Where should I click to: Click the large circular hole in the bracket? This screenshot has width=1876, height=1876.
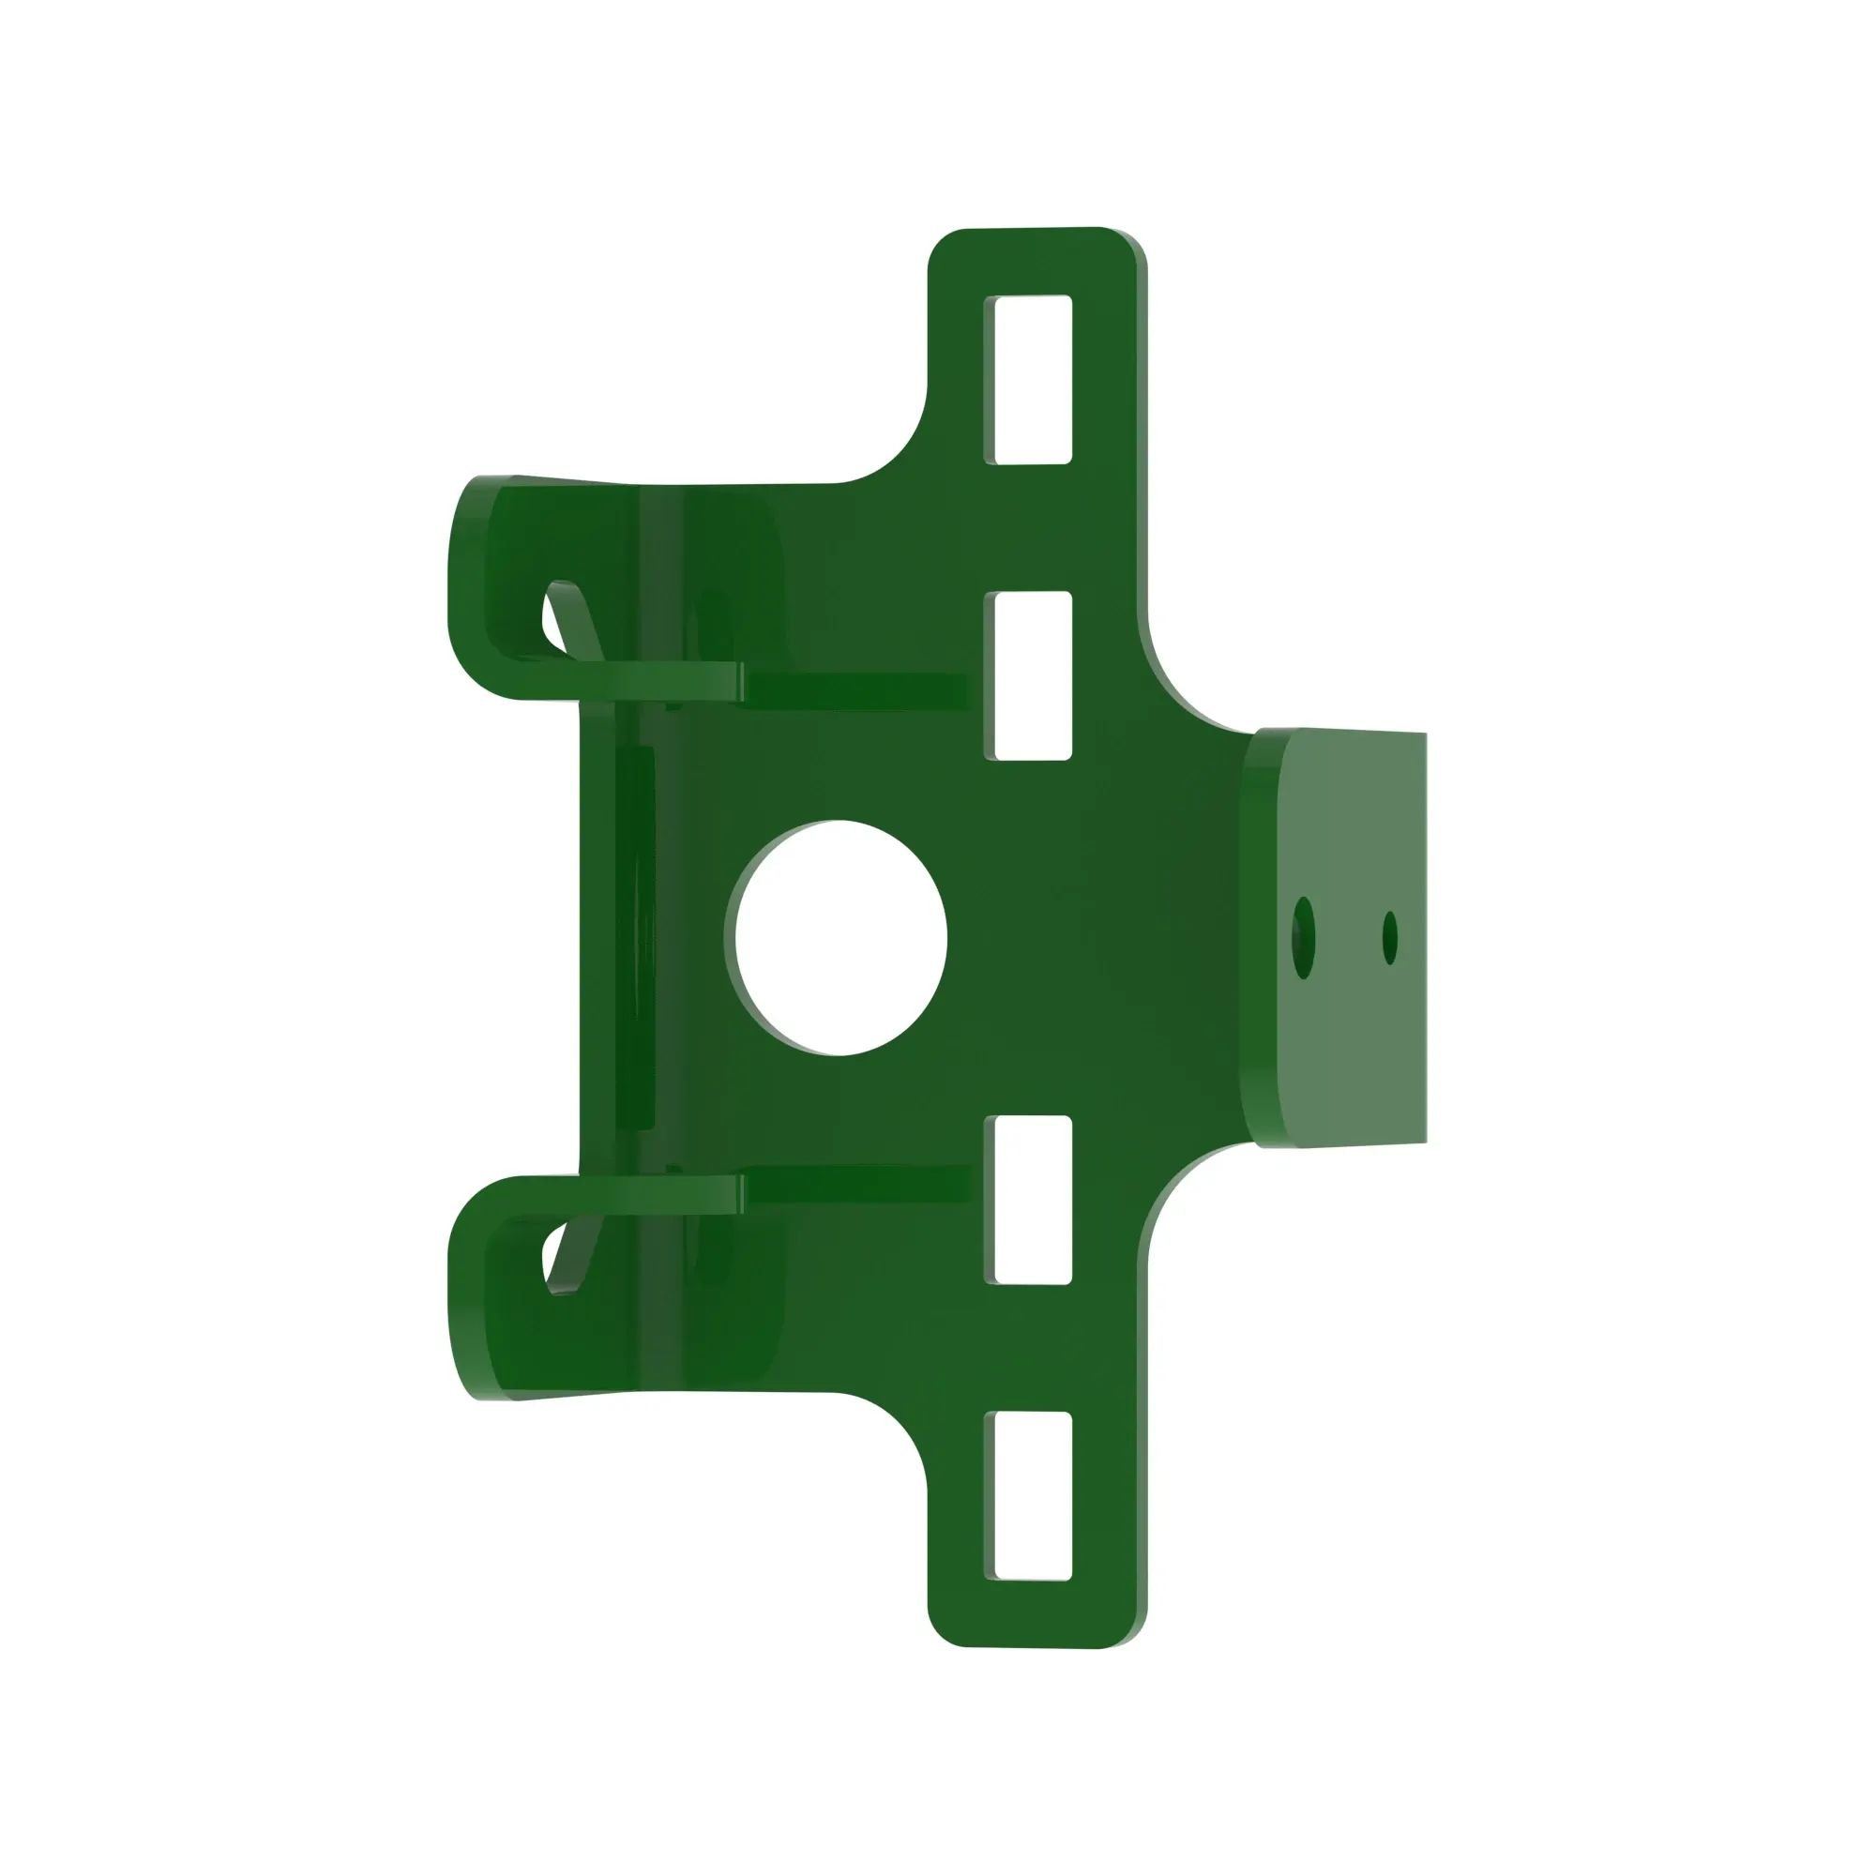pyautogui.click(x=840, y=937)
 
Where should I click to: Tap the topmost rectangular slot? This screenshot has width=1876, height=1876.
pyautogui.click(x=1028, y=380)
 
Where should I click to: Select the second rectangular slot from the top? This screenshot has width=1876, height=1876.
pyautogui.click(x=1028, y=674)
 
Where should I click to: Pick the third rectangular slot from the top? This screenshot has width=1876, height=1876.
pyautogui.click(x=1028, y=1199)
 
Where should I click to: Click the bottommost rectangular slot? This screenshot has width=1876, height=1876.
pyautogui.click(x=1028, y=1495)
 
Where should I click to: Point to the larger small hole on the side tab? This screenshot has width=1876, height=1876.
pyautogui.click(x=1303, y=938)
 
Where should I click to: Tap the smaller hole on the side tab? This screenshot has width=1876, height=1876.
pyautogui.click(x=1389, y=938)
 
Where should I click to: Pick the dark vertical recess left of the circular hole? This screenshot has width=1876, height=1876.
pyautogui.click(x=635, y=937)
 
